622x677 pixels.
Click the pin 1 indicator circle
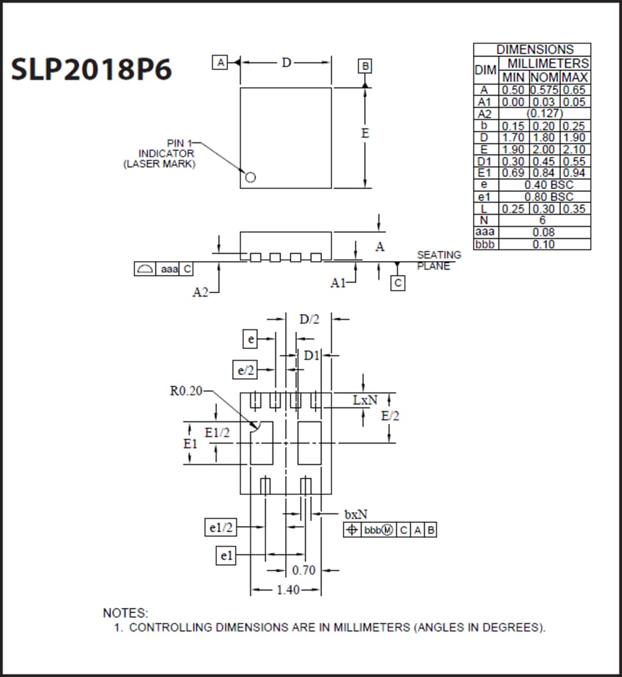(x=250, y=177)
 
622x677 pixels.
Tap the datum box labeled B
(x=365, y=66)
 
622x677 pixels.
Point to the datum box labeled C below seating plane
(x=397, y=283)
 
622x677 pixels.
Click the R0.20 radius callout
(x=186, y=391)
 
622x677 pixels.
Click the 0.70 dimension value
(x=304, y=570)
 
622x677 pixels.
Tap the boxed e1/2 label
(x=221, y=527)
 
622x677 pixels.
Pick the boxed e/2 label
(x=246, y=370)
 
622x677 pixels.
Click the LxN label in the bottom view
(x=365, y=400)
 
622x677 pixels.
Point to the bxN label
(x=355, y=514)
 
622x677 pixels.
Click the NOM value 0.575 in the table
(x=544, y=90)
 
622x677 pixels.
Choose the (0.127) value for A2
(x=544, y=114)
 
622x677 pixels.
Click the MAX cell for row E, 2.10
(x=575, y=149)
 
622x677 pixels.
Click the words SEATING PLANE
(x=439, y=260)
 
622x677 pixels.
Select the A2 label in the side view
(x=200, y=293)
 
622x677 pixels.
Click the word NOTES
(x=125, y=613)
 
